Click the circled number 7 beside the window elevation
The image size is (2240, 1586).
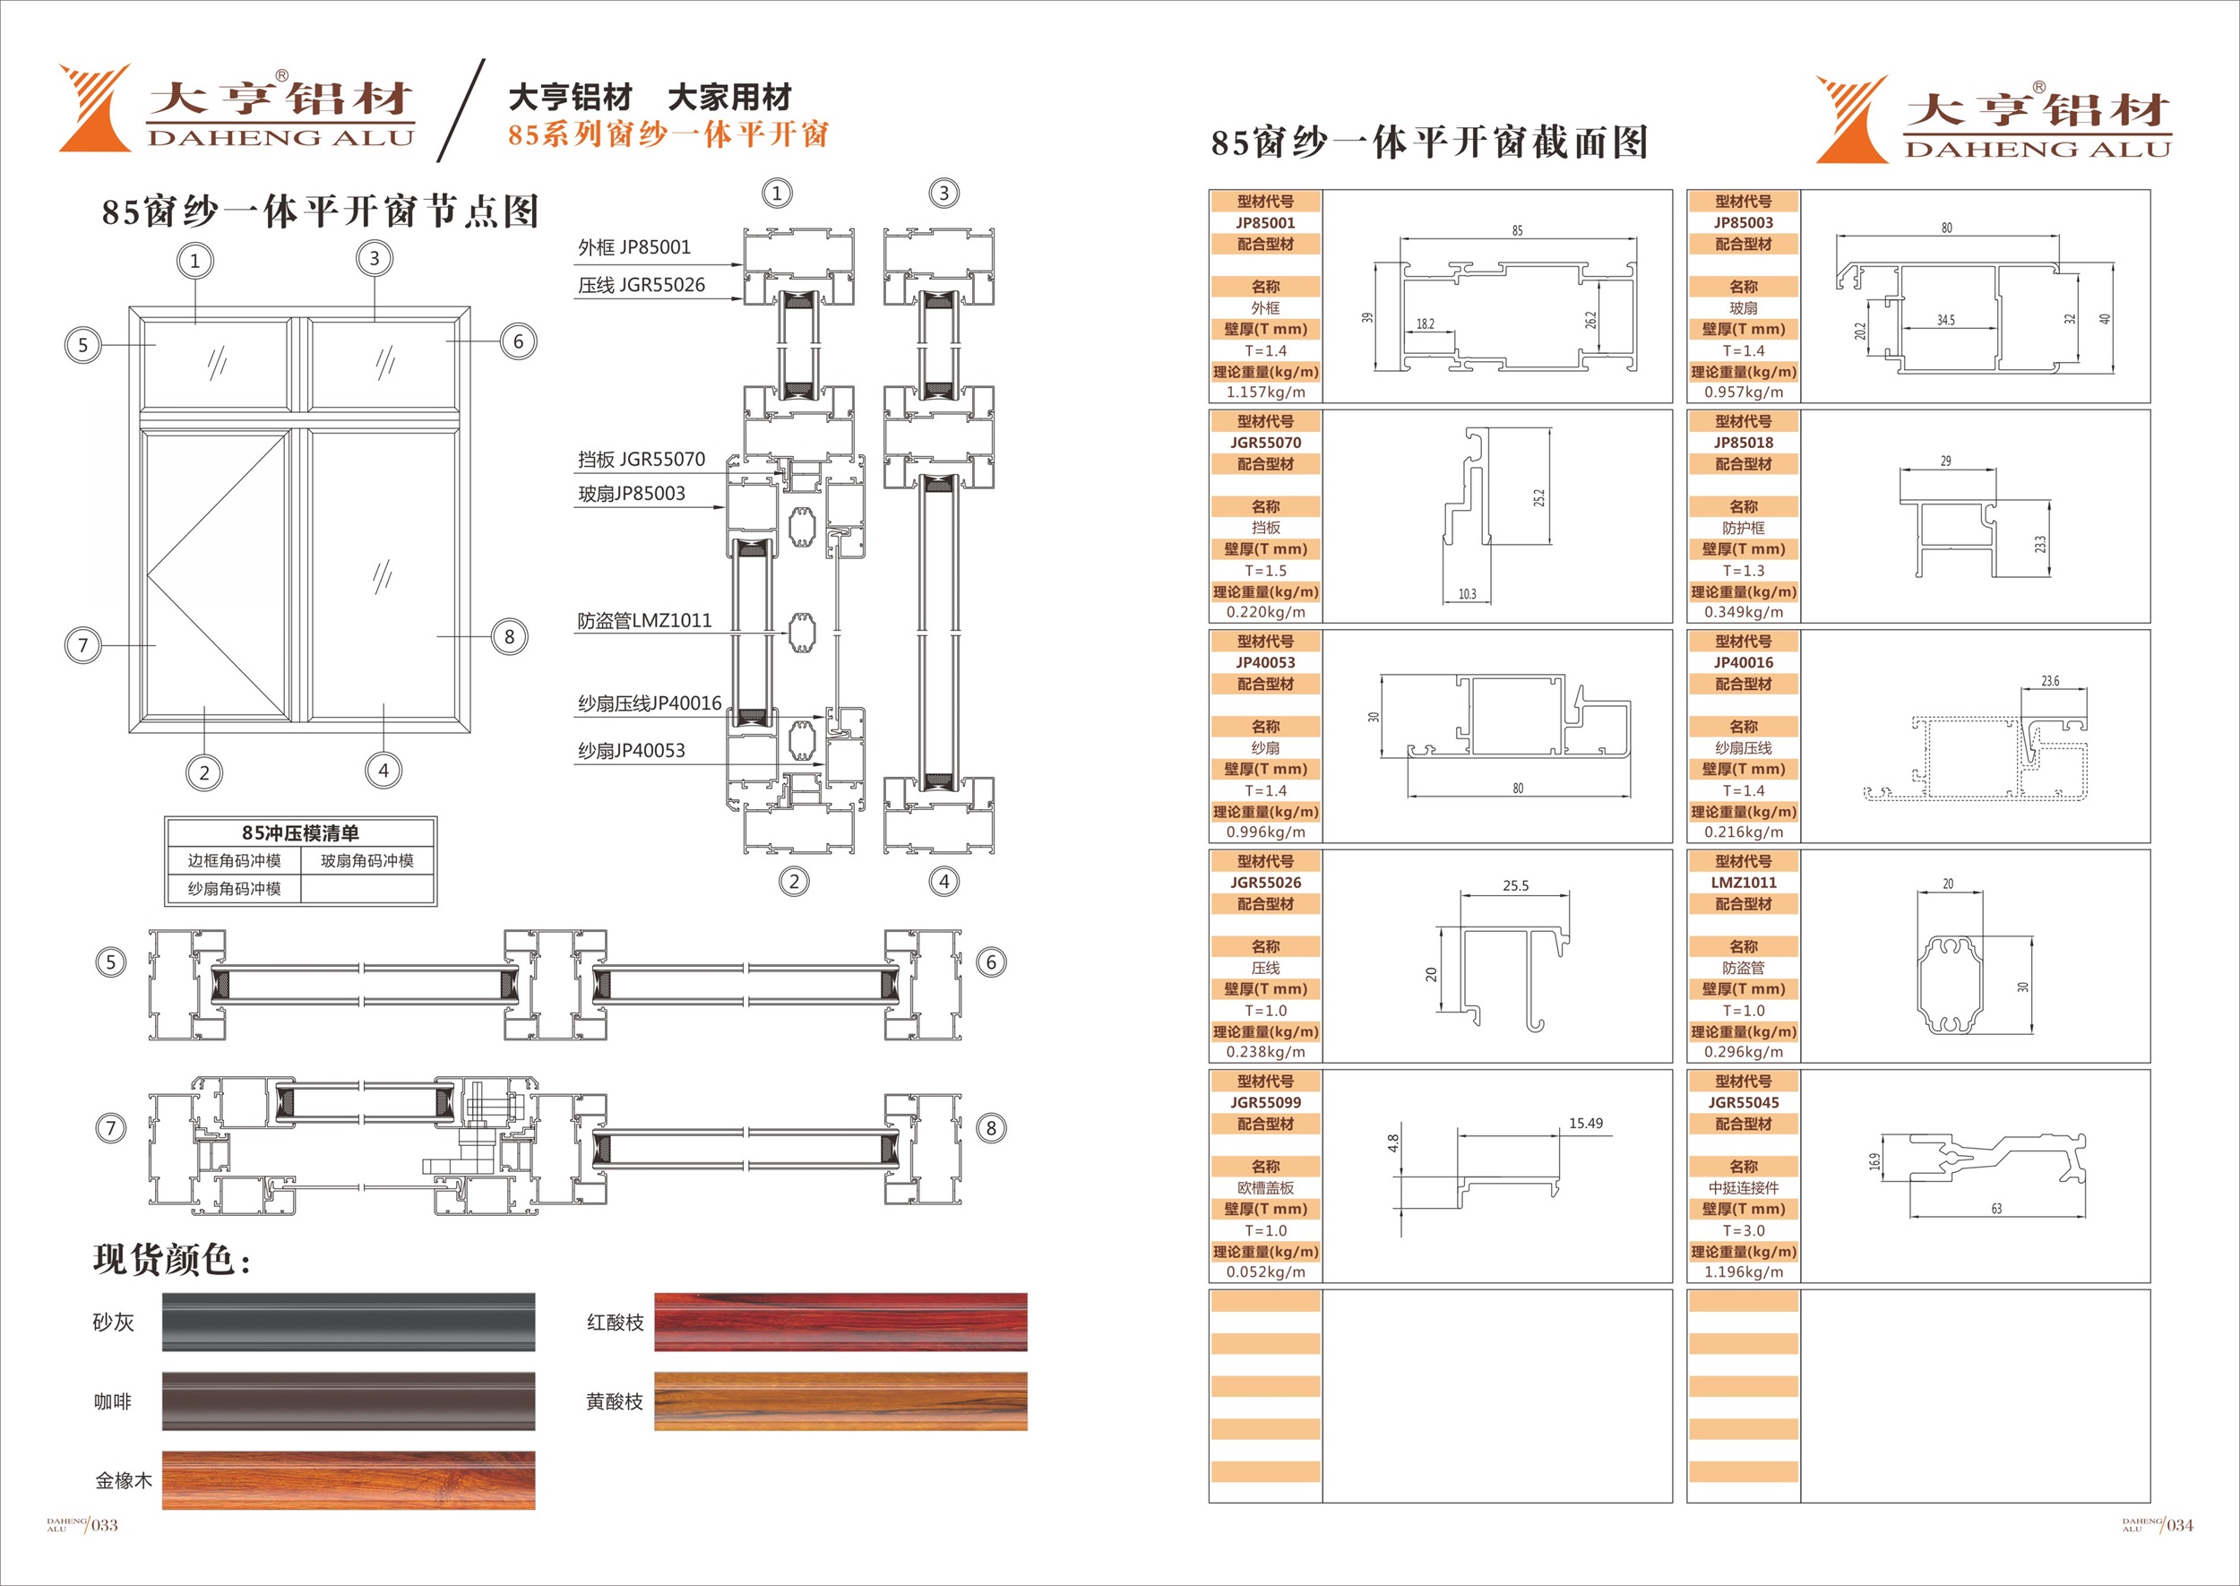click(83, 644)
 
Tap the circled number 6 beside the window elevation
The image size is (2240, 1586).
click(519, 341)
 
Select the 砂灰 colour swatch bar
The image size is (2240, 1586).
click(349, 1323)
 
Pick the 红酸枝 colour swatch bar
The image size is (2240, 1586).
click(840, 1323)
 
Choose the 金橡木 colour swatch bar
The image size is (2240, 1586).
click(349, 1480)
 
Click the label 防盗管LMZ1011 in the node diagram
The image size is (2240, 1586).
click(644, 620)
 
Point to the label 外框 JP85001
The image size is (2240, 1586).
click(633, 247)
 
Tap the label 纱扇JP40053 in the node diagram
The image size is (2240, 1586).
click(631, 750)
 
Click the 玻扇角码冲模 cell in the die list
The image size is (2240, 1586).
click(367, 860)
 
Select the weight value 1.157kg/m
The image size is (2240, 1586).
click(1265, 392)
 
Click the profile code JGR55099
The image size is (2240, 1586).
click(1265, 1102)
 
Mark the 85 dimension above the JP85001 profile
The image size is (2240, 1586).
click(1518, 230)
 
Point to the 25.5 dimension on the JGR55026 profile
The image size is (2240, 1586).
click(1515, 886)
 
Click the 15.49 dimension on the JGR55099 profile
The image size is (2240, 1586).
click(1586, 1123)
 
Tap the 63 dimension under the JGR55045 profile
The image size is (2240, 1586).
click(1997, 1208)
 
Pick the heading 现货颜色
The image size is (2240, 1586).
click(172, 1260)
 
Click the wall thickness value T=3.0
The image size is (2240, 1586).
click(1743, 1230)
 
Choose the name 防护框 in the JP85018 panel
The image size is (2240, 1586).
click(1743, 528)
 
